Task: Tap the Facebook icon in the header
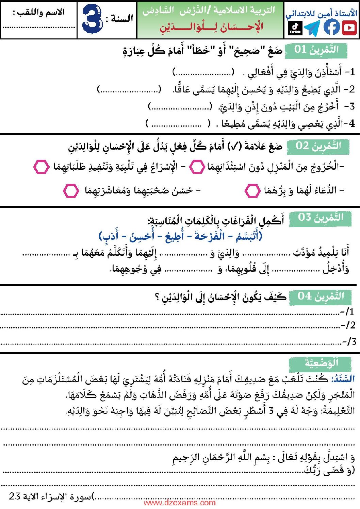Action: tap(331, 28)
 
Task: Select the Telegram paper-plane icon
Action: tap(312, 28)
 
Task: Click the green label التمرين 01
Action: tap(316, 50)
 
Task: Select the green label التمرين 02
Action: tap(318, 146)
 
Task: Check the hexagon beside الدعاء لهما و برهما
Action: tap(252, 191)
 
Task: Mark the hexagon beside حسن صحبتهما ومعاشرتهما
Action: tap(71, 191)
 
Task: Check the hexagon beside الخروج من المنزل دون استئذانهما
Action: tap(197, 167)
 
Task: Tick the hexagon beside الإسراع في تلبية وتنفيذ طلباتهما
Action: tap(41, 167)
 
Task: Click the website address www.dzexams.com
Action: tap(180, 503)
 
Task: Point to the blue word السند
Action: tap(343, 378)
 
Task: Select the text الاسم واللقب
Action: tap(39, 13)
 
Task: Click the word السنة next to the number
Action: tap(119, 19)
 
